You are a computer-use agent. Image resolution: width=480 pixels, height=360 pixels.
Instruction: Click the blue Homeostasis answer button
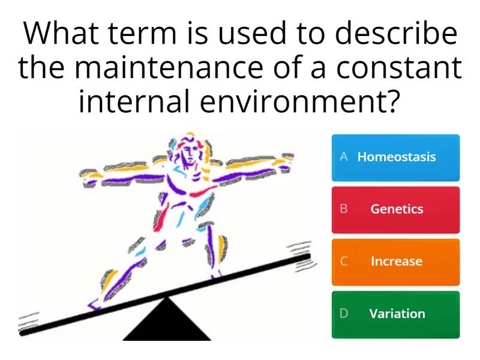click(395, 157)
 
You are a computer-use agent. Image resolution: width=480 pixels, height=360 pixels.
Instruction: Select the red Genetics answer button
click(395, 209)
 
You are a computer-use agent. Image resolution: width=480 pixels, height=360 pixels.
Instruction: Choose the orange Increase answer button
click(395, 262)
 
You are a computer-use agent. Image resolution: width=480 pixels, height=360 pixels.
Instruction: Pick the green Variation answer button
click(395, 314)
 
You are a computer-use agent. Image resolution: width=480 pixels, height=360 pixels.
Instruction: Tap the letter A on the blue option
click(344, 157)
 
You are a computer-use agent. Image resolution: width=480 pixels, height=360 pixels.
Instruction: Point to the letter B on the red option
click(344, 209)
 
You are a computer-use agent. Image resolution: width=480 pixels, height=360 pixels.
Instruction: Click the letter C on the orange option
click(344, 262)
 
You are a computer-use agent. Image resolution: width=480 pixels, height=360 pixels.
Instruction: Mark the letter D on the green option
click(344, 314)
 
